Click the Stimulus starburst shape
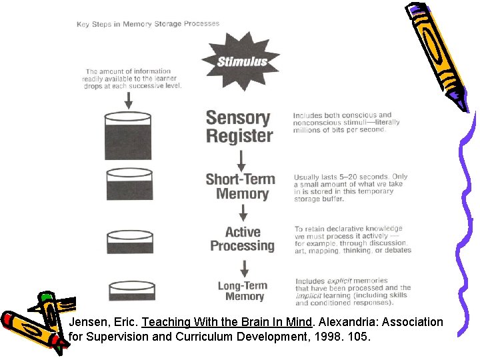241,61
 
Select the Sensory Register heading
239,127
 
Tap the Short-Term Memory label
241,187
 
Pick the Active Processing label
242,239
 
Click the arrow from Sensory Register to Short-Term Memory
241,159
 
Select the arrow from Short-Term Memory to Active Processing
243,213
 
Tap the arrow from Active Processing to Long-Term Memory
245,268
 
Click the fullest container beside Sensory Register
128,137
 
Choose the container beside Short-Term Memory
129,185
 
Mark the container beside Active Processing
130,241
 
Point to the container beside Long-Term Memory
131,290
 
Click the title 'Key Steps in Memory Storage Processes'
148,24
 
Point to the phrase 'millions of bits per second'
339,129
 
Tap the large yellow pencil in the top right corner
437,50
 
